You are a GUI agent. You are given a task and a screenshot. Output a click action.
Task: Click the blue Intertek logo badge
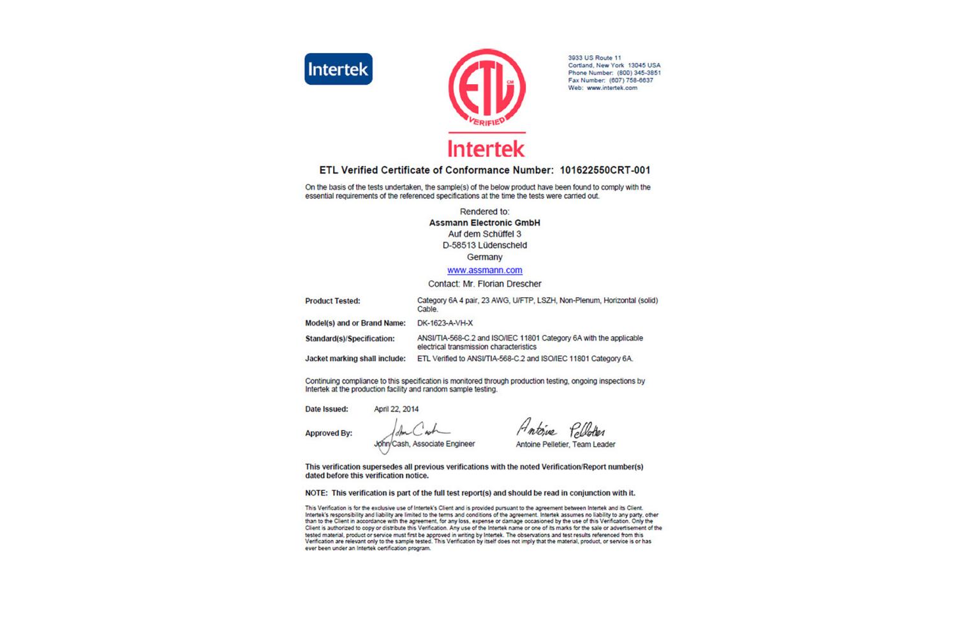[x=338, y=69]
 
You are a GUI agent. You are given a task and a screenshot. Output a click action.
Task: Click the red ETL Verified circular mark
[x=486, y=88]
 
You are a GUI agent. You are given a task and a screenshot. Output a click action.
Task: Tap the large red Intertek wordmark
[x=486, y=148]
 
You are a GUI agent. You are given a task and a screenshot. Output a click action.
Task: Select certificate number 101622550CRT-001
[x=605, y=170]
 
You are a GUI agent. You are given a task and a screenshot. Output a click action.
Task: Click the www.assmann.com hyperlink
[x=485, y=271]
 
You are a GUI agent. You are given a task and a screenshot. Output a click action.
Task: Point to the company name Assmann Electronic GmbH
[x=484, y=223]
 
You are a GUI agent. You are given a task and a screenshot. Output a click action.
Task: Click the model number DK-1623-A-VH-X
[x=445, y=323]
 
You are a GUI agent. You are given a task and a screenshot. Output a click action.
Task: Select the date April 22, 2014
[x=396, y=410]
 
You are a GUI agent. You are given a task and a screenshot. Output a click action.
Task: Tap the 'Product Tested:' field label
[x=332, y=301]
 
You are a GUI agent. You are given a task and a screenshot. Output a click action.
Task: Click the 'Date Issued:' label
[x=327, y=410]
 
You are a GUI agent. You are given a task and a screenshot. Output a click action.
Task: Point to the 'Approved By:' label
[x=329, y=433]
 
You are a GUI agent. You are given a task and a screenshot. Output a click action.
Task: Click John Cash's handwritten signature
[x=418, y=431]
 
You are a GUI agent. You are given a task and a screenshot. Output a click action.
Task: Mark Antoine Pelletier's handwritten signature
[x=561, y=429]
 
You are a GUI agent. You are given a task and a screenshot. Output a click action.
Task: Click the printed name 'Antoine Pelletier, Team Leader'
[x=565, y=445]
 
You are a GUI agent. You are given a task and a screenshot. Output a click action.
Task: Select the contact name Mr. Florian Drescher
[x=501, y=284]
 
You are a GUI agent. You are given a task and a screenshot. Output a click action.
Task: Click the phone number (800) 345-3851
[x=639, y=73]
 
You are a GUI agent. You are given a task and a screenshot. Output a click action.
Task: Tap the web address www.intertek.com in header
[x=612, y=88]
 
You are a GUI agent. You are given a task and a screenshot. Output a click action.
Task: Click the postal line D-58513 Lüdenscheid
[x=485, y=246]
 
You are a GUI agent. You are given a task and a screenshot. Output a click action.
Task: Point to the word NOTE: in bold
[x=316, y=493]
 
